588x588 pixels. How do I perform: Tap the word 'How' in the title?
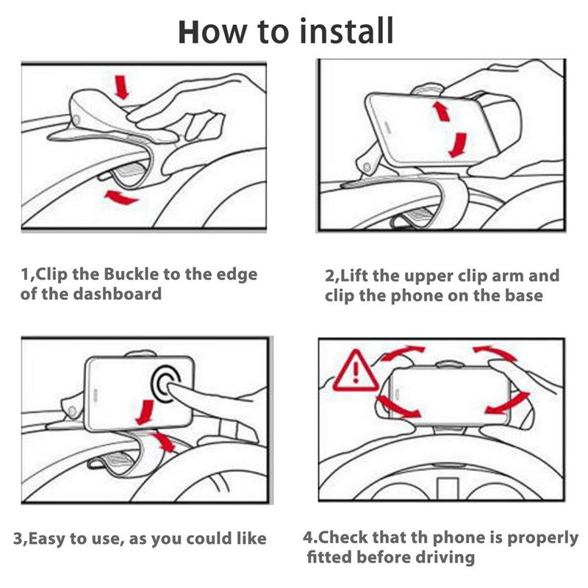pyautogui.click(x=214, y=32)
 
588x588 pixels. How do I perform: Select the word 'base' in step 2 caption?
pyautogui.click(x=523, y=295)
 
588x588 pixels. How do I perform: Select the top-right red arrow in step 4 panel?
pyautogui.click(x=494, y=353)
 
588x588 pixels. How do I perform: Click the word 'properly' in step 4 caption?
pyautogui.click(x=543, y=537)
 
